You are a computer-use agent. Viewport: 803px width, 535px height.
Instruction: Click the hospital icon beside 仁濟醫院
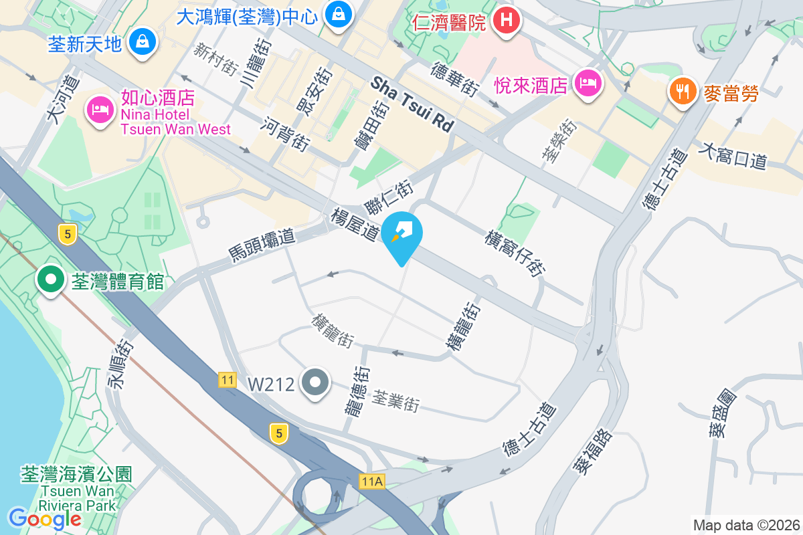[507, 21]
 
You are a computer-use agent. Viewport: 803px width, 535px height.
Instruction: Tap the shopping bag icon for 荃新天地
[143, 42]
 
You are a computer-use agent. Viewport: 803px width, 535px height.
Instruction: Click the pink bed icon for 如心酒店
[100, 110]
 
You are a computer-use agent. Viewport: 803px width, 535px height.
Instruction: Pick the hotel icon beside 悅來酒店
[588, 84]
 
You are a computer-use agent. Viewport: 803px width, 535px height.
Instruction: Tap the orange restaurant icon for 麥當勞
[682, 92]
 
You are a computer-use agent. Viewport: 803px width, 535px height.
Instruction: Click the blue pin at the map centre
[403, 236]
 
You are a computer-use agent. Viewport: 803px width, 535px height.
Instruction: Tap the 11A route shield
[371, 481]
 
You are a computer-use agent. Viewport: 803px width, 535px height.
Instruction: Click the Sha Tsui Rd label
[412, 104]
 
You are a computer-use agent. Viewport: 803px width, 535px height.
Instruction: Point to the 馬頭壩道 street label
[262, 244]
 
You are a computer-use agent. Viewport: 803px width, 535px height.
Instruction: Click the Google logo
[45, 518]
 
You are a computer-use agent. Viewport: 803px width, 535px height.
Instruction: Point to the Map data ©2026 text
[745, 525]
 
